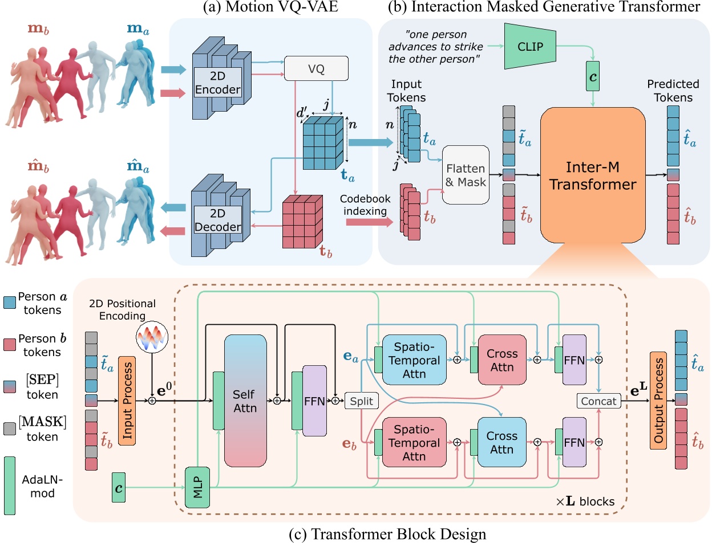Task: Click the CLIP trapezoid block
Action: (x=530, y=47)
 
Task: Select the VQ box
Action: (x=316, y=69)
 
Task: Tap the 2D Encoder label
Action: (x=217, y=83)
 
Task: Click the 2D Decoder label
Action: (x=217, y=220)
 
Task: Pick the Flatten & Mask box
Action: (x=466, y=175)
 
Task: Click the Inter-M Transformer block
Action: (x=592, y=175)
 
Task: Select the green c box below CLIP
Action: (x=593, y=76)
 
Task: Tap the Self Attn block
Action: (x=245, y=401)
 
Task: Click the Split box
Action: (x=361, y=401)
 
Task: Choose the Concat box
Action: (x=598, y=401)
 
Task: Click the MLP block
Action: (x=197, y=487)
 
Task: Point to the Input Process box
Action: (x=127, y=401)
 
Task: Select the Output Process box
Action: (x=658, y=401)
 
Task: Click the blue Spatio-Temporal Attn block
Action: (x=414, y=360)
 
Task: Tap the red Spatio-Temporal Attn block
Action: (x=414, y=443)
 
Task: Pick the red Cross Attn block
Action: (x=502, y=360)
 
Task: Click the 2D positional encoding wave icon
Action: (x=152, y=337)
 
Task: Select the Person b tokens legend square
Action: (x=10, y=345)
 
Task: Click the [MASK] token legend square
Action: (x=10, y=428)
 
